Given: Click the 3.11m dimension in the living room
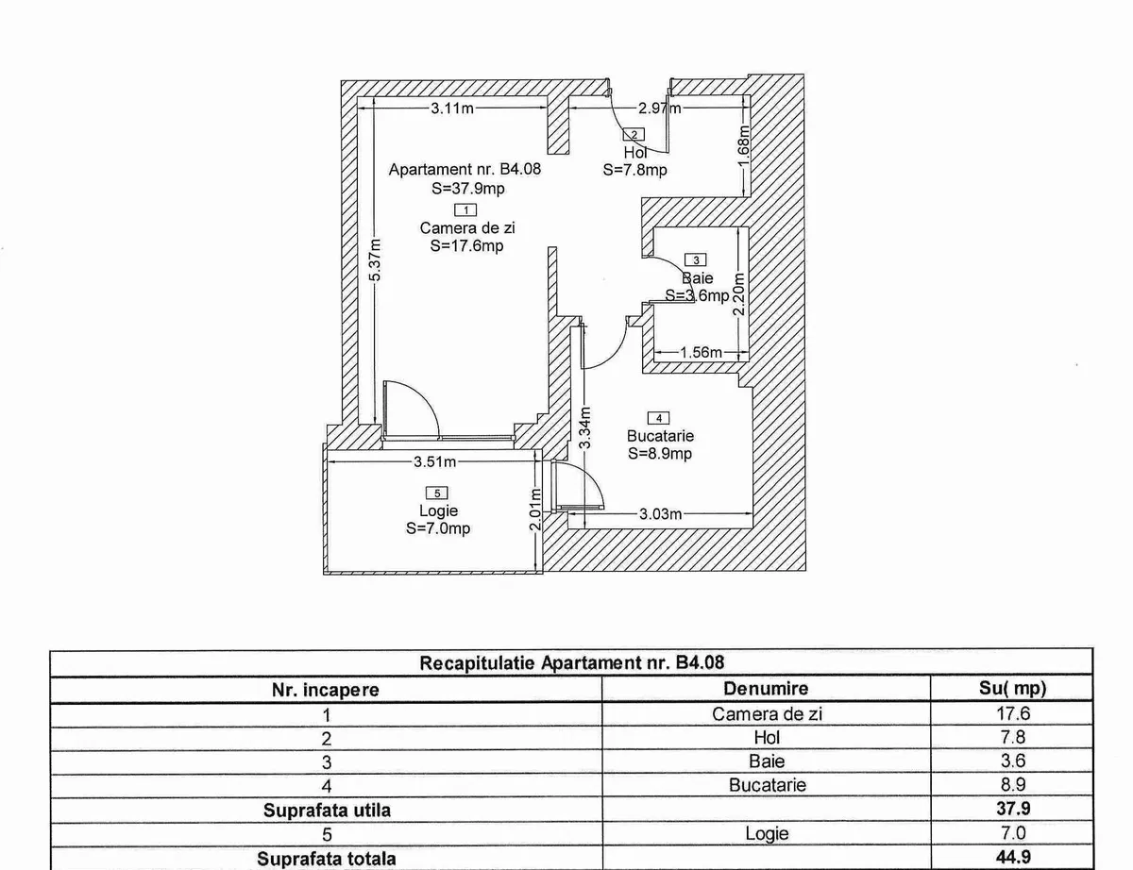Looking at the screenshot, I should click(451, 109).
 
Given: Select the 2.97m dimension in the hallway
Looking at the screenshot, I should click(659, 109).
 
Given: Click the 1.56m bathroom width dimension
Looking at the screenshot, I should click(702, 353).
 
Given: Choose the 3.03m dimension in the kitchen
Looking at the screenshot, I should click(660, 514).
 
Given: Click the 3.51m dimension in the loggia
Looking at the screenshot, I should click(435, 462).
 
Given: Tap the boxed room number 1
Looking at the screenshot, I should click(465, 210).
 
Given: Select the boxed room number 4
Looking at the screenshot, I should click(659, 418).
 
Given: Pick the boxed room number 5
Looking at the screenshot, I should click(436, 493).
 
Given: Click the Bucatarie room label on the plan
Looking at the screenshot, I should click(660, 436).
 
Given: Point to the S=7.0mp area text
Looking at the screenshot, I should click(438, 528).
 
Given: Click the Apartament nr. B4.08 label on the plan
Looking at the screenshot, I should click(465, 170).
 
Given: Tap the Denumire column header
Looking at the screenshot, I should click(766, 690).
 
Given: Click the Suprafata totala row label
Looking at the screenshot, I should click(325, 859).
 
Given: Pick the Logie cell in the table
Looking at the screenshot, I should click(766, 834).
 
